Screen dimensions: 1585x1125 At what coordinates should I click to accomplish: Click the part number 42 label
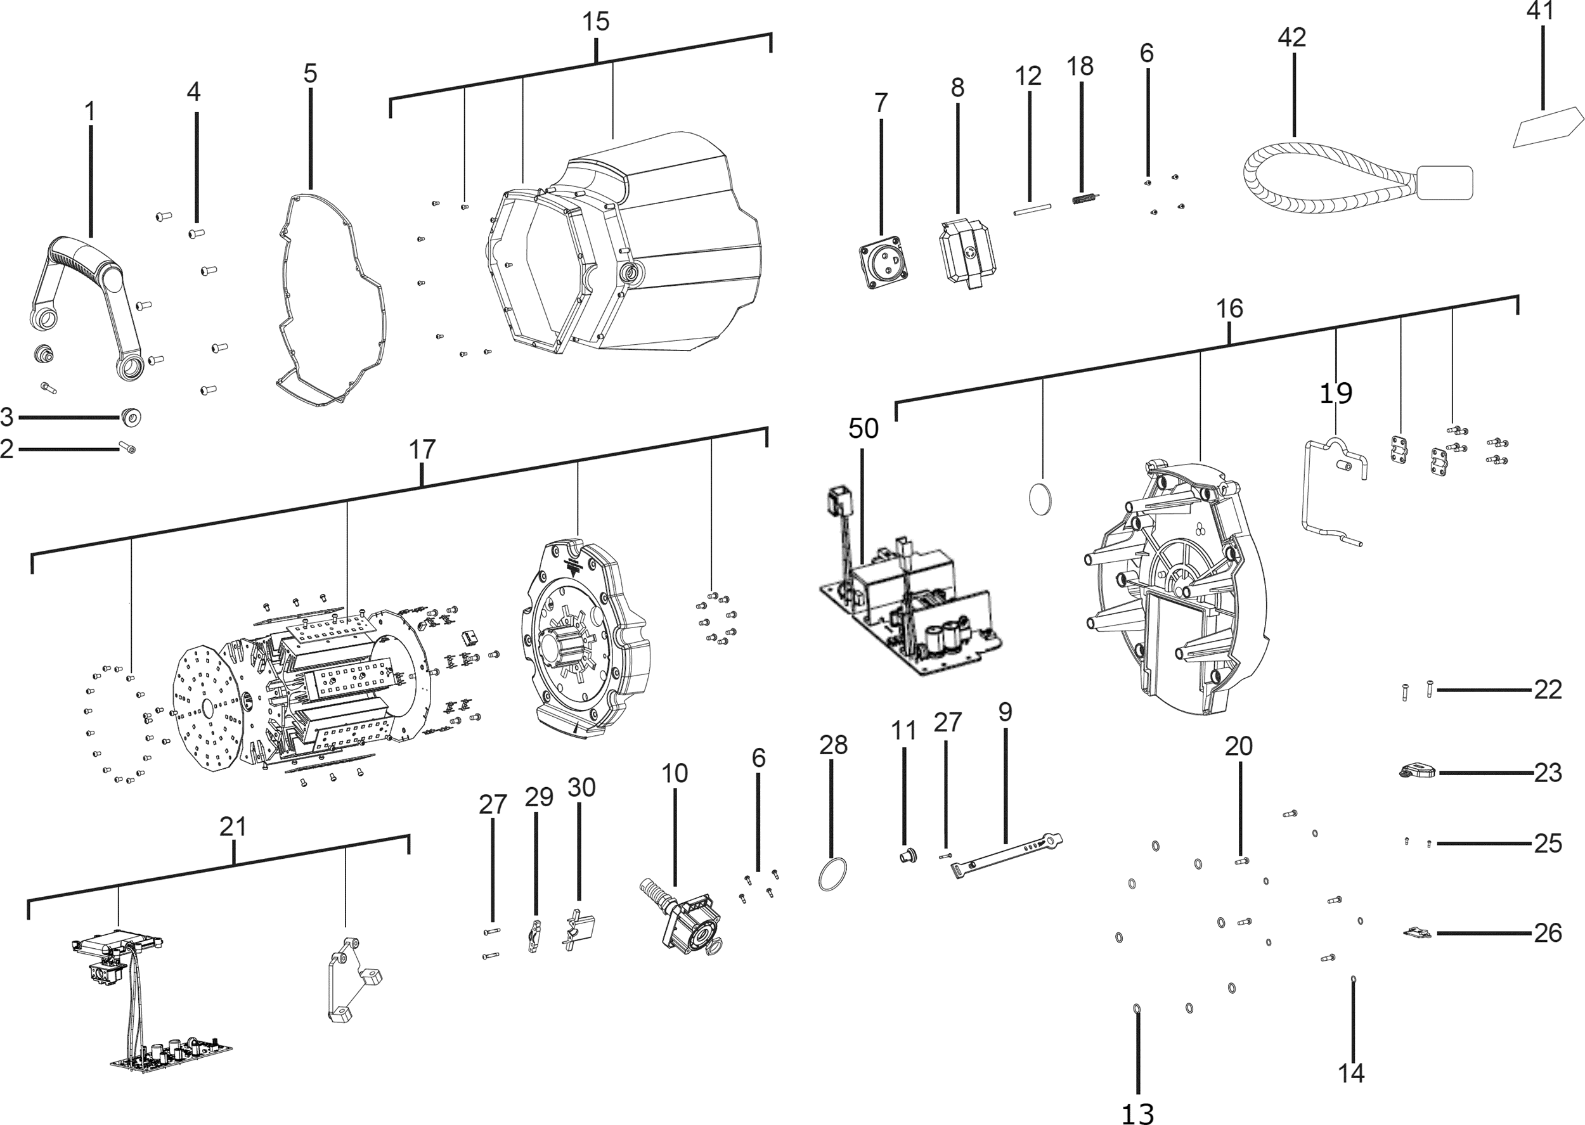pos(1292,37)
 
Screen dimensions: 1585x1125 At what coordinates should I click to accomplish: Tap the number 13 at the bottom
pos(1137,1112)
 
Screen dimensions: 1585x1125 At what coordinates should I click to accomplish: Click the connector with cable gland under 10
pos(682,915)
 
